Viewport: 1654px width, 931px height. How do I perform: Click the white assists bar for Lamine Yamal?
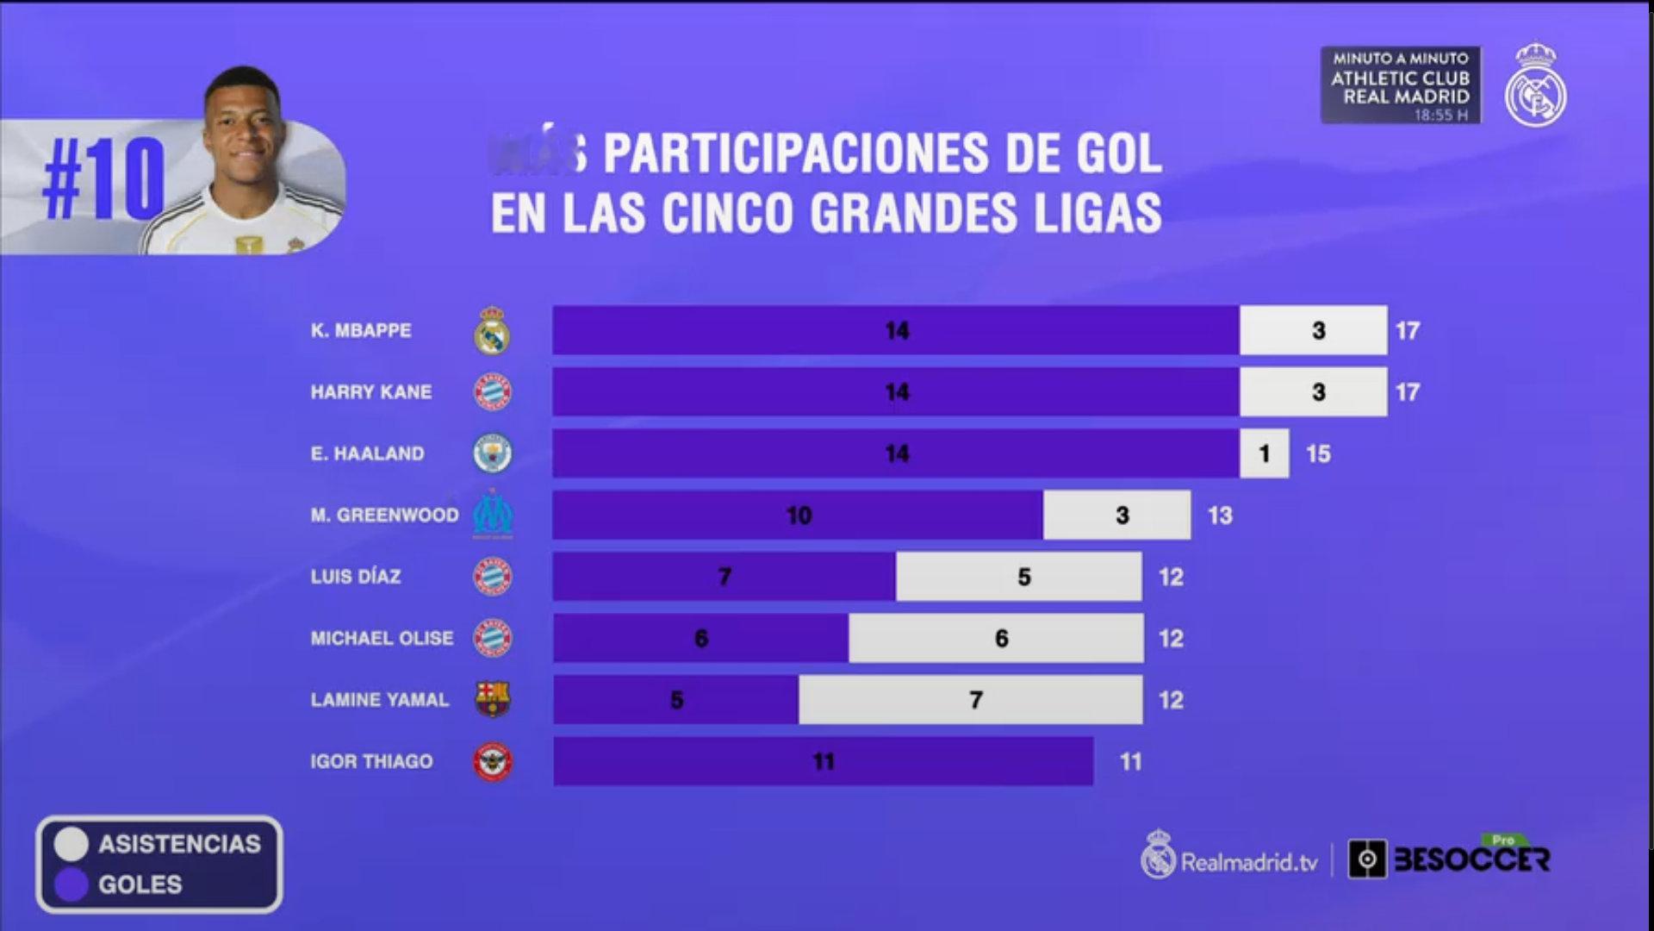[970, 699]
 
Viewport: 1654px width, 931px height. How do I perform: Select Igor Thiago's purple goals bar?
[823, 761]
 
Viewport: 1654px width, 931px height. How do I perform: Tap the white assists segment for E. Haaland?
[1264, 453]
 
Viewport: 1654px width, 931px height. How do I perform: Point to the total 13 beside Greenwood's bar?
[1220, 515]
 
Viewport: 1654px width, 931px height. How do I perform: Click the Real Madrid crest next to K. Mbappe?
[492, 330]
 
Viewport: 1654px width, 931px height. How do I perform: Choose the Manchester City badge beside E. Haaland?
[493, 453]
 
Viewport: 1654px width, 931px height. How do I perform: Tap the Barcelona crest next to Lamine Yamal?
[493, 699]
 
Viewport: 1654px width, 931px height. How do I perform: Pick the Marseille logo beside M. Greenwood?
[493, 515]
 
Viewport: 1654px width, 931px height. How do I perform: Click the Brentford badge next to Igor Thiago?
[493, 762]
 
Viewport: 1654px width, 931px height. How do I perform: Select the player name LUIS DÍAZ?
[356, 577]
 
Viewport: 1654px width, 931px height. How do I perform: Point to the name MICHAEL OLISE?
[382, 638]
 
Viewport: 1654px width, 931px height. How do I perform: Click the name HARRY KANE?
[371, 392]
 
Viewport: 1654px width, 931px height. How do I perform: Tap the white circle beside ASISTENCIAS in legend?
[72, 844]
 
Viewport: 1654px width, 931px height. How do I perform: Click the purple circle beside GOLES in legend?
[72, 884]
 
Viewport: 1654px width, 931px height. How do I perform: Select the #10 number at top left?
[103, 181]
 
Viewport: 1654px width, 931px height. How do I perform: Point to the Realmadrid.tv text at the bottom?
[1248, 862]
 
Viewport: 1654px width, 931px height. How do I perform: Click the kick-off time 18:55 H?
[1440, 115]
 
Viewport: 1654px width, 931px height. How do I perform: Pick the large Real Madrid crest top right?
[1535, 86]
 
